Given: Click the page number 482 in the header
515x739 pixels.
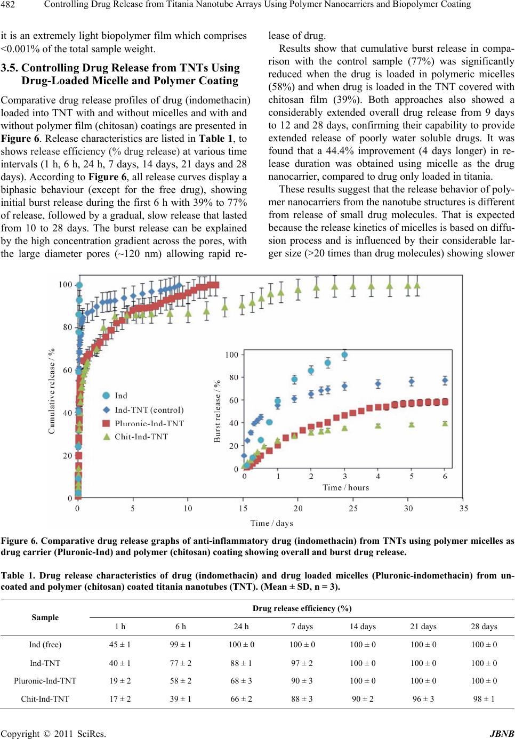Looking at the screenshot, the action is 8,5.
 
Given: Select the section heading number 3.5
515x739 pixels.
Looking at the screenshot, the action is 9,68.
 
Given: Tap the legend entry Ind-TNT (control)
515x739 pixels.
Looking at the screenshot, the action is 149,409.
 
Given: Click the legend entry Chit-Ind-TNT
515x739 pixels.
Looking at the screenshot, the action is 141,437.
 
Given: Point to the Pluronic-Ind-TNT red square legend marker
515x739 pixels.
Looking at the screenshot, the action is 106,423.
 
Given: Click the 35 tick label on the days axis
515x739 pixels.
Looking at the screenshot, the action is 463,508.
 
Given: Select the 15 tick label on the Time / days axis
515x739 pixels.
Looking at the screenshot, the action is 243,508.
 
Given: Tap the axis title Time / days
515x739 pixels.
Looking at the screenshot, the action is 271,523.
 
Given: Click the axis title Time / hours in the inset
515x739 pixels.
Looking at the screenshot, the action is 345,488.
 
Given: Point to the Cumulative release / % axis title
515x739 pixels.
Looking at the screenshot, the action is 52,391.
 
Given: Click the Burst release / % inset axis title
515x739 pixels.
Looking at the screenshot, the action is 217,411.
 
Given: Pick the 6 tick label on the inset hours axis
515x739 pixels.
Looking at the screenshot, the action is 445,476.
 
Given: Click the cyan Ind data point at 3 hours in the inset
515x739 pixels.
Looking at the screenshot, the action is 344,355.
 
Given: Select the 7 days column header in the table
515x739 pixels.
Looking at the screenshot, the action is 302,626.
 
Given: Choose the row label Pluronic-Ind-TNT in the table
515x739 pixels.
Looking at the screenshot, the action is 45,680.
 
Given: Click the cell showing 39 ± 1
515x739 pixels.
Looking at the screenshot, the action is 181,699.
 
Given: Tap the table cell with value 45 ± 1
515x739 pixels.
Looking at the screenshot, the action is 120,644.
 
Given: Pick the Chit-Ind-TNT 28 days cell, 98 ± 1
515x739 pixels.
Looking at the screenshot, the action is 484,699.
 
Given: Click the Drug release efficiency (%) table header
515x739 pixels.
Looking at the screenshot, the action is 302,608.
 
